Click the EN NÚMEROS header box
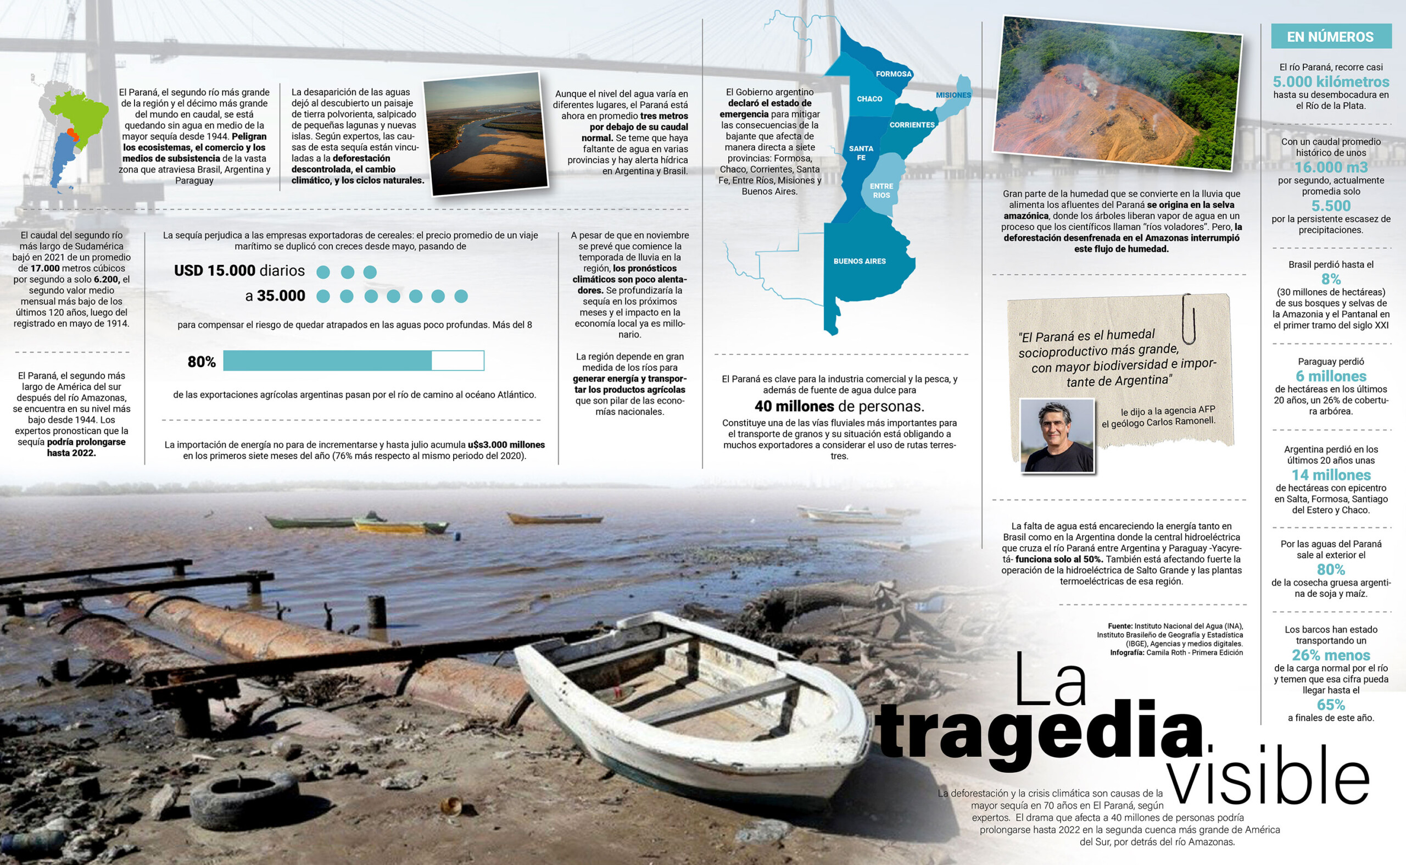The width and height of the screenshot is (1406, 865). [x=1330, y=37]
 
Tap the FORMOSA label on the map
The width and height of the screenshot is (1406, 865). [x=893, y=74]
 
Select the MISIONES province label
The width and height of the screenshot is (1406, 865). [x=953, y=95]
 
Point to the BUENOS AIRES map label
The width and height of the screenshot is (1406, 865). [x=860, y=262]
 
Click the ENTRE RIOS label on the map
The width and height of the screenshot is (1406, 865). [x=881, y=191]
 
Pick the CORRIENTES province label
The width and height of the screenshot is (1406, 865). [x=912, y=125]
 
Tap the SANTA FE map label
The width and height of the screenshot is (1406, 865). [x=861, y=153]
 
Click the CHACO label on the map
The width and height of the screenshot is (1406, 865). [x=869, y=99]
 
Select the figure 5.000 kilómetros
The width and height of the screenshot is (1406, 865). [x=1331, y=82]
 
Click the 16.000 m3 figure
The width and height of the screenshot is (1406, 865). [x=1331, y=167]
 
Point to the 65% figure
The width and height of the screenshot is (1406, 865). [x=1331, y=705]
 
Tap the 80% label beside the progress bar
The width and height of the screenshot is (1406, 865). [x=201, y=362]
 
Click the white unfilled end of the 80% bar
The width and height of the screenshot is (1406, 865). [x=457, y=361]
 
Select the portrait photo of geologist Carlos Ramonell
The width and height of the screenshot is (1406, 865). [x=1057, y=436]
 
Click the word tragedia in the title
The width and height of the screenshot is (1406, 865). [x=1038, y=734]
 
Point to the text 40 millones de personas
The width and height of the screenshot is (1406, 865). [x=839, y=407]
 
